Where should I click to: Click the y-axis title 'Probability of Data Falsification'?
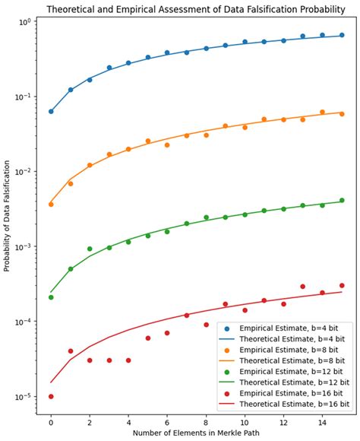(x=7, y=216)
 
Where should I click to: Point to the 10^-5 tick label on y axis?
(x=21, y=397)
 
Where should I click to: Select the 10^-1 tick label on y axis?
(x=21, y=97)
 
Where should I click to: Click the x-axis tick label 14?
(x=322, y=420)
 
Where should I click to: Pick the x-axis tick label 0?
(x=51, y=420)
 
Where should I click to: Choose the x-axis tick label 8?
(x=206, y=420)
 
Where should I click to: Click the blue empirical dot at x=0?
(x=51, y=111)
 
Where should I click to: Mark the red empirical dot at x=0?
(x=51, y=396)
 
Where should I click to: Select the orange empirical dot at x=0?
(x=51, y=205)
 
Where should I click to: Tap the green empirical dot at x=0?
(x=51, y=297)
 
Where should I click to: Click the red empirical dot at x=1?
(x=71, y=351)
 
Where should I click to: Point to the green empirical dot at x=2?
(x=90, y=249)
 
